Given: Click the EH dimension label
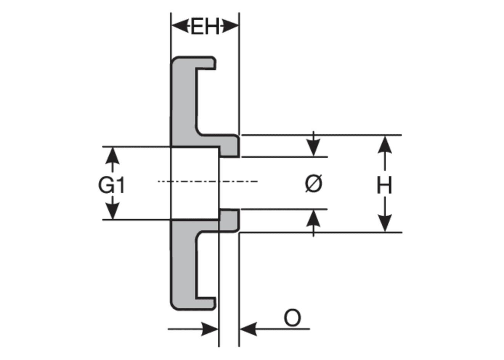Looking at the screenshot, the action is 205,27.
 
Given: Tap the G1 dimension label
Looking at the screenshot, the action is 111,186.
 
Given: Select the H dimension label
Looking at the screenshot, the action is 385,186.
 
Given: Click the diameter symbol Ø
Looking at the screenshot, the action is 313,183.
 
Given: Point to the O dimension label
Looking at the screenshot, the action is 292,318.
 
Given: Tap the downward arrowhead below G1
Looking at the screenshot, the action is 112,211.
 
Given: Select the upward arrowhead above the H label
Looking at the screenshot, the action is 385,145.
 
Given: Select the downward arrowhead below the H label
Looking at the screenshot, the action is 385,223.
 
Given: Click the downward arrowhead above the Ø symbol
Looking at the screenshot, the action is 313,148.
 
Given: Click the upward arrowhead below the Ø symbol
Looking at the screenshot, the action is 313,218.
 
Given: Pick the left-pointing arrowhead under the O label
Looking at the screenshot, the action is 249,329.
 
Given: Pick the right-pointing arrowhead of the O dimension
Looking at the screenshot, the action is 210,329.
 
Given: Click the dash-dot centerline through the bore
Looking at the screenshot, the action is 208,181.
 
